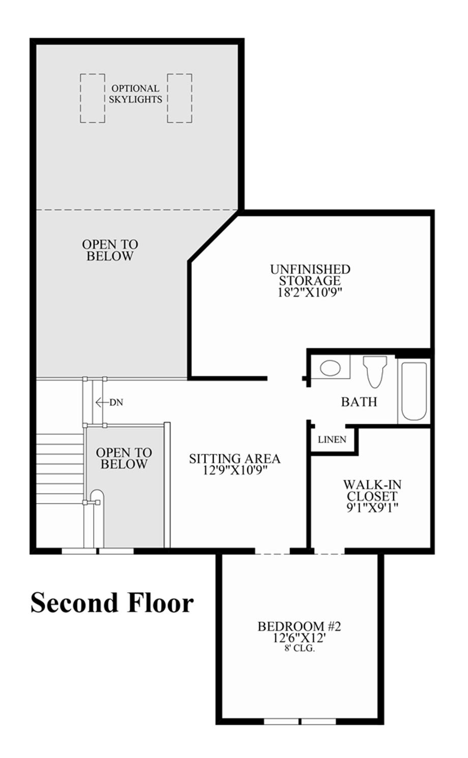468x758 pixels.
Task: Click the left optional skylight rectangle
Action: pos(93,98)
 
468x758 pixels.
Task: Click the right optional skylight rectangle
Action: pos(180,98)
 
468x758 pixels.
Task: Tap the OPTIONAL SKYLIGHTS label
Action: pos(135,94)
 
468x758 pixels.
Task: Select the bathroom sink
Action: pos(330,368)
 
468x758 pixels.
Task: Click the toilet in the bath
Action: pos(374,371)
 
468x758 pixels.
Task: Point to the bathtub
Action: pos(414,391)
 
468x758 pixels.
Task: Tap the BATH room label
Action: pos(359,402)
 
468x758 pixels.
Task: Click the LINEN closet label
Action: pos(332,440)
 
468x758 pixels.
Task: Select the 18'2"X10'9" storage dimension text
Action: pos(310,292)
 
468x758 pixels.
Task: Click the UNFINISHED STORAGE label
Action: pos(310,275)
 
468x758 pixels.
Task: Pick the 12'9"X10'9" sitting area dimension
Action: pos(235,470)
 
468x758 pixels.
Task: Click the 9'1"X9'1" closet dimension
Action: pos(372,507)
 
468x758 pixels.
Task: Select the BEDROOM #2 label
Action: pos(299,626)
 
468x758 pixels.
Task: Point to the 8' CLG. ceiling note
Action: pos(300,649)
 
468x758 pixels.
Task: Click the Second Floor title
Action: pos(112,603)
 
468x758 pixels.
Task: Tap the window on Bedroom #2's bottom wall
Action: pos(300,721)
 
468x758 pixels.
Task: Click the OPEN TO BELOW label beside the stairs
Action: pos(124,458)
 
